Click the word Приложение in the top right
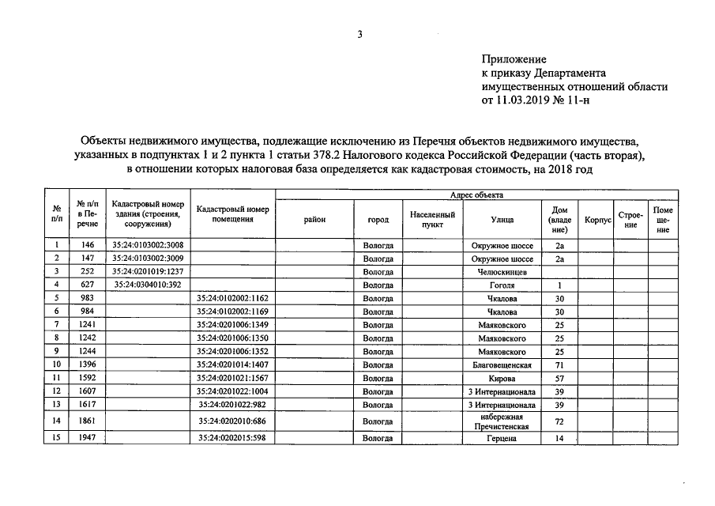click(x=514, y=59)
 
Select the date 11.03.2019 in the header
click(x=527, y=100)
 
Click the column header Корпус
click(x=597, y=220)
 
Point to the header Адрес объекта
click(x=476, y=194)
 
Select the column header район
click(x=314, y=220)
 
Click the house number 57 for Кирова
click(x=559, y=379)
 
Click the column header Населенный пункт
click(x=432, y=220)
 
